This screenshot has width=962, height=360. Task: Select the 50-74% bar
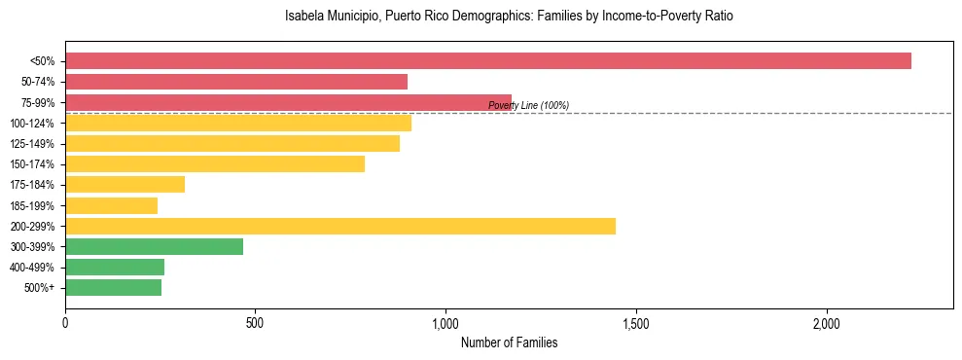click(236, 82)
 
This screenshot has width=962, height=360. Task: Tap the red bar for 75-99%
click(288, 102)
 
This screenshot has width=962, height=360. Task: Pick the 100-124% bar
click(238, 123)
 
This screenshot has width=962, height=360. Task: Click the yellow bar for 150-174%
click(215, 164)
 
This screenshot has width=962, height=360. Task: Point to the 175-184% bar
click(125, 185)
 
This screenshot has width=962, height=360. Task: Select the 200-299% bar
click(340, 227)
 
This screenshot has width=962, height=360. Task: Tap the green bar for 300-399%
click(154, 247)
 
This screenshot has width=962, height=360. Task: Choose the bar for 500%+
click(113, 288)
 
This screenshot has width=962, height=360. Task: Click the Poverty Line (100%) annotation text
click(528, 105)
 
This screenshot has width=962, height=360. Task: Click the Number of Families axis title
click(509, 342)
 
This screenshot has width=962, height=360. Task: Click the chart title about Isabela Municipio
click(508, 17)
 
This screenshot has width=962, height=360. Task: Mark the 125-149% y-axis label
click(32, 144)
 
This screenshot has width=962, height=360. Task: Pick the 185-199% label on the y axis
click(32, 206)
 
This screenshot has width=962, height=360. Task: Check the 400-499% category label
click(32, 268)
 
